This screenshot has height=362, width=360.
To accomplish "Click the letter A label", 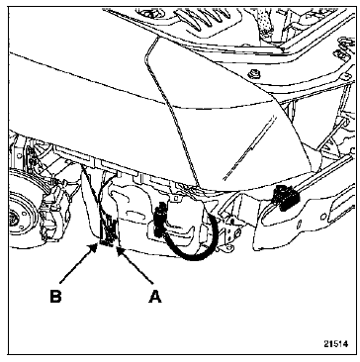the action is [155, 297].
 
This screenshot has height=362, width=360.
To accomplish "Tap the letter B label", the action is [55, 297].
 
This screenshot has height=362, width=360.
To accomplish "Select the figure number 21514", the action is [335, 344].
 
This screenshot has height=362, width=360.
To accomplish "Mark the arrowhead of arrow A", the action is [120, 253].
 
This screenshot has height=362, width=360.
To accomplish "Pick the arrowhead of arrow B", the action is [94, 247].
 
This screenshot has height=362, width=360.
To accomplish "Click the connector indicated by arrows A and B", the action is [108, 232].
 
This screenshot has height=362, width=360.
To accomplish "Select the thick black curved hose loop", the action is [191, 237].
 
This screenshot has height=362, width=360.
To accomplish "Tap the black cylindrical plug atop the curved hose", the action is [160, 219].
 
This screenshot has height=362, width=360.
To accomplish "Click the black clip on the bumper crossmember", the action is [285, 198].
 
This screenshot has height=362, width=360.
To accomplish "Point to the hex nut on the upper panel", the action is [255, 73].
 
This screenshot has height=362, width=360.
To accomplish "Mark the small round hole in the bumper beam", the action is [324, 217].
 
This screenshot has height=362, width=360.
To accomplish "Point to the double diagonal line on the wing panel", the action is [249, 147].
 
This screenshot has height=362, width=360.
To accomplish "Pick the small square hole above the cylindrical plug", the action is [176, 198].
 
